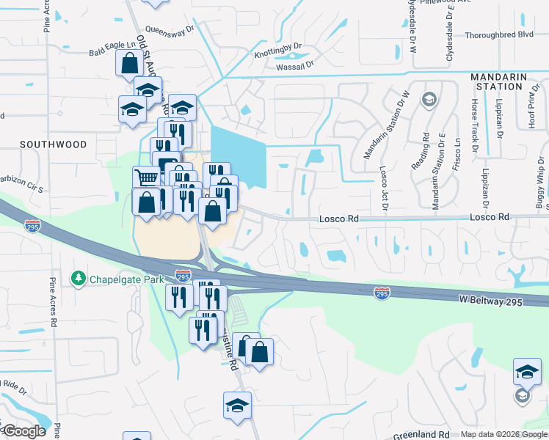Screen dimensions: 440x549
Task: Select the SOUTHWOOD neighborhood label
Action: [x=53, y=144]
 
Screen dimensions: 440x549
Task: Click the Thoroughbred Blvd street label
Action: [x=498, y=34]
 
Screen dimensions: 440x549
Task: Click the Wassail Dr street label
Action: [x=295, y=65]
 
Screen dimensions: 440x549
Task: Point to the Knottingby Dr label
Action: [x=278, y=50]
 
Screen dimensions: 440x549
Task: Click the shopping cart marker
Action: [x=146, y=177]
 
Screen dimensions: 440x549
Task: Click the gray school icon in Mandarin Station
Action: [x=429, y=99]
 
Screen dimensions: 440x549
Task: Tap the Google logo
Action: [x=23, y=431]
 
